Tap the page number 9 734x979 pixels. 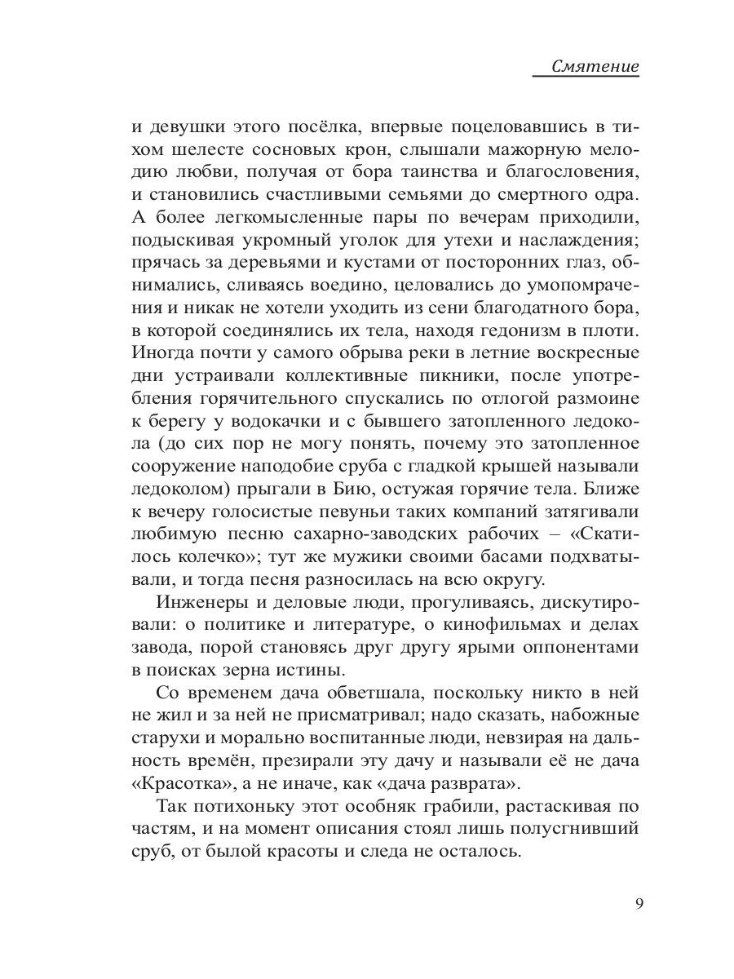(x=639, y=905)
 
